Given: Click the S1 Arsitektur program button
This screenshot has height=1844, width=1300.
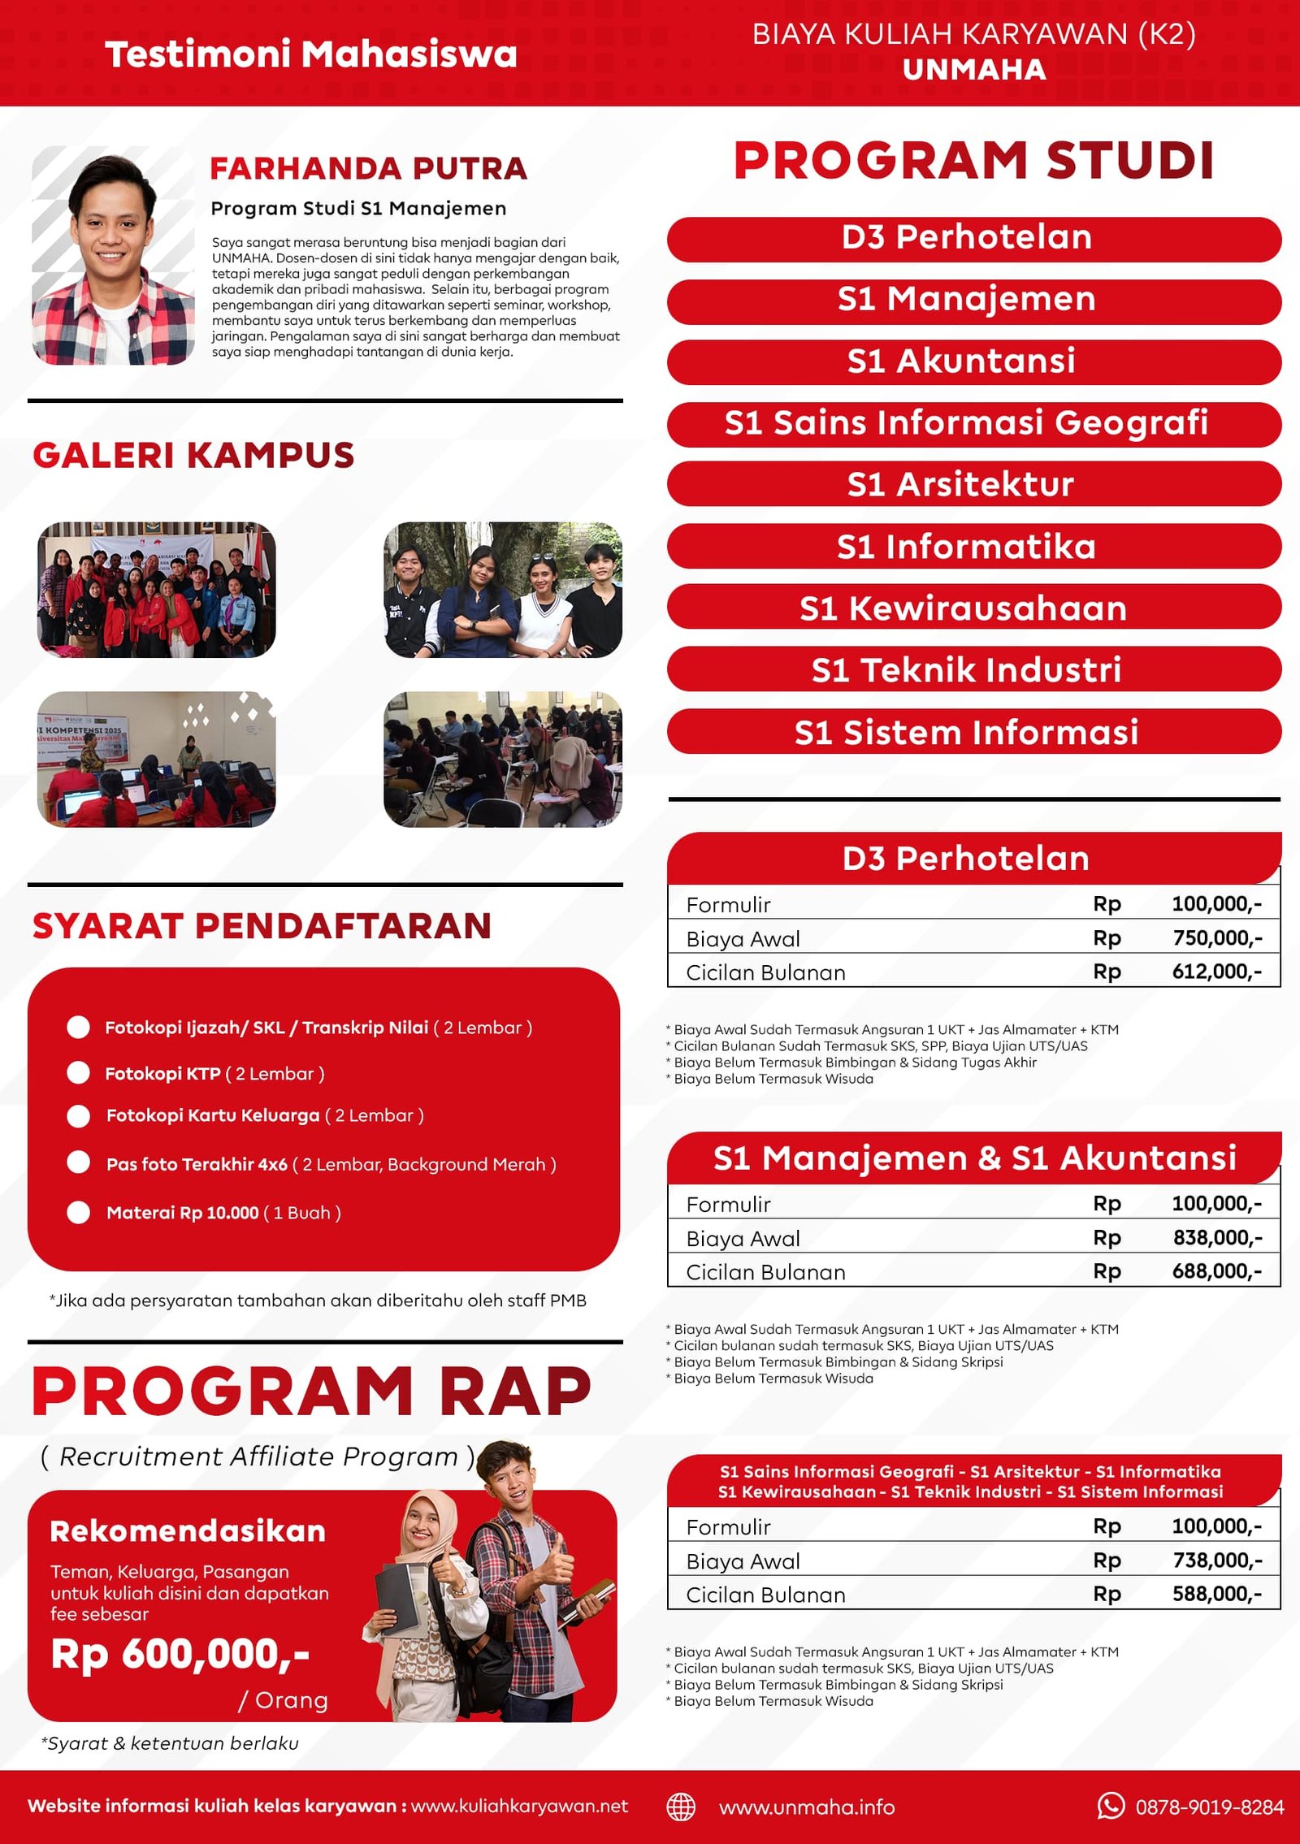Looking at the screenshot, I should click(973, 484).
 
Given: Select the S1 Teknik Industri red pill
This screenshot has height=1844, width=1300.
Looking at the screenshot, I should click(973, 669).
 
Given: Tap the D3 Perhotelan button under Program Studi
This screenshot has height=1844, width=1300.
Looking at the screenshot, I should click(973, 237).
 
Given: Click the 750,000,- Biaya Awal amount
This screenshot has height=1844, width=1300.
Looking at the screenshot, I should click(1216, 937).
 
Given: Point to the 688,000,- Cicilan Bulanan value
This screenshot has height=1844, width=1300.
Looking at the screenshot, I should click(1216, 1270).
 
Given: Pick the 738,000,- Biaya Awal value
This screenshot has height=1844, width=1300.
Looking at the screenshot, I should click(1216, 1560).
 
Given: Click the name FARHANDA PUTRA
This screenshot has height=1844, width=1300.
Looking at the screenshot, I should click(368, 168).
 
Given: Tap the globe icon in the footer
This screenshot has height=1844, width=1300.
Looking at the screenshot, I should click(681, 1807).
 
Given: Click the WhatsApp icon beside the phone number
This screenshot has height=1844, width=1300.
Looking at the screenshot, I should click(1110, 1805).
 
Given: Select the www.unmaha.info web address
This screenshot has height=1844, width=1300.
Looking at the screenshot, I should click(806, 1807).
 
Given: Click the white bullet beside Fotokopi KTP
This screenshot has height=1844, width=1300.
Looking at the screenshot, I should click(78, 1072).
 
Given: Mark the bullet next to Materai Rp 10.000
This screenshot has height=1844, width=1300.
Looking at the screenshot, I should click(78, 1212).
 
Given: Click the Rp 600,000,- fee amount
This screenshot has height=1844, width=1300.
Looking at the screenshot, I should click(180, 1655).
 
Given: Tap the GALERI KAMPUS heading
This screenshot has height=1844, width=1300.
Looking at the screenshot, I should click(193, 455).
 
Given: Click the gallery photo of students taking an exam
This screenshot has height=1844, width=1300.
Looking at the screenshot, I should click(502, 759).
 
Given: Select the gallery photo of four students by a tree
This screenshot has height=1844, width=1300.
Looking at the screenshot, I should click(502, 589).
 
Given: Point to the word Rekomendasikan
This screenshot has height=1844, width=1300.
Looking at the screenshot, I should click(188, 1531).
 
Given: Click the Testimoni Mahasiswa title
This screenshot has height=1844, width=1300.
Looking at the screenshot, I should click(311, 54).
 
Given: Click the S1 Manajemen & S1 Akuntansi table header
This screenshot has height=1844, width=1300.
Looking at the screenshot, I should click(973, 1158).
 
